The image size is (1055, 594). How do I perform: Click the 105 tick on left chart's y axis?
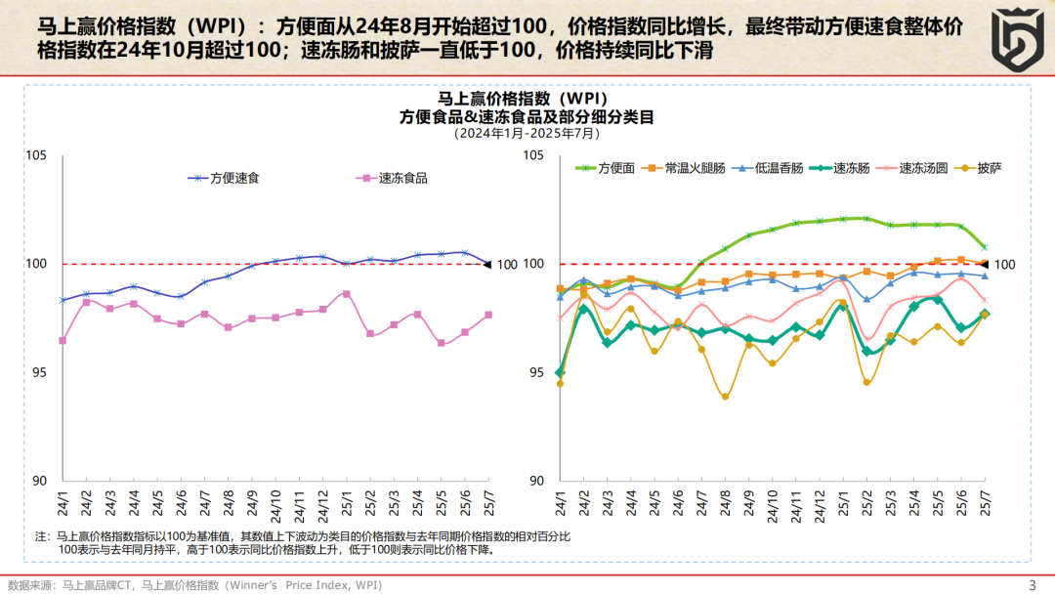(36, 155)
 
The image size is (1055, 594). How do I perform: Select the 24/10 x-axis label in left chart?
(275, 500)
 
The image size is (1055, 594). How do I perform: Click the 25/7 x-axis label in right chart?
(985, 500)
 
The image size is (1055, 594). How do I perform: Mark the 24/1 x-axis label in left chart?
(63, 500)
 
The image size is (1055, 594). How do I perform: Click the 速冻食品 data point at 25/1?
(346, 293)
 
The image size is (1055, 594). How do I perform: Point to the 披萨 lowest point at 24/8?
(725, 397)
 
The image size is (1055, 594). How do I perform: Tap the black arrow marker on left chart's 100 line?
(488, 264)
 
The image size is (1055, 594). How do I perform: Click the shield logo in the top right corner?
(1010, 37)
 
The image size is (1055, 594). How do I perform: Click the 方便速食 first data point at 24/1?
(63, 300)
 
